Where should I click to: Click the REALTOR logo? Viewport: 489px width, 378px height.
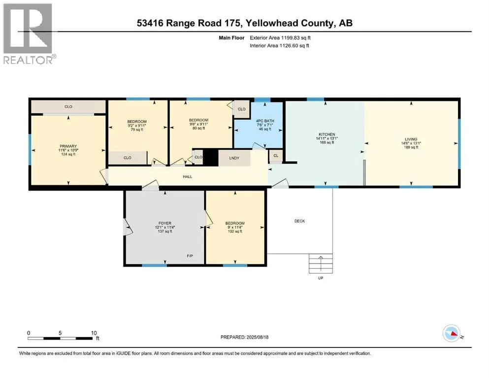(30, 33)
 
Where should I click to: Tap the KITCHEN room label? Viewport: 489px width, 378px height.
(327, 134)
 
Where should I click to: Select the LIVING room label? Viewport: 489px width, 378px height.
(411, 139)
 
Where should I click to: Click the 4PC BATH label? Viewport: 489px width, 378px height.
(265, 121)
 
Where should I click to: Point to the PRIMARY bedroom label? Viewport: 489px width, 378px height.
(68, 146)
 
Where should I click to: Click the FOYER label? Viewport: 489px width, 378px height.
(165, 223)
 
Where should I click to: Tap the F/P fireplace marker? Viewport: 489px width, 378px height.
(190, 256)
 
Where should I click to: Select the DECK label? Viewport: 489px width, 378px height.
(300, 221)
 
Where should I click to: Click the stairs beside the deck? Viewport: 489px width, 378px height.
(321, 264)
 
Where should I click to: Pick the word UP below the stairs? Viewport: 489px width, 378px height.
(321, 278)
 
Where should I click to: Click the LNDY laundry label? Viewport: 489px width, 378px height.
(234, 158)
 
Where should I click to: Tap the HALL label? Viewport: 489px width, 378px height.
(188, 177)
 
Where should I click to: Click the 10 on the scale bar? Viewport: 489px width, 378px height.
(94, 333)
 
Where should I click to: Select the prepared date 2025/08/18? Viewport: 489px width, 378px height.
(257, 337)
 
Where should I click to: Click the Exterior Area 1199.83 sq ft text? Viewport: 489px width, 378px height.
(280, 38)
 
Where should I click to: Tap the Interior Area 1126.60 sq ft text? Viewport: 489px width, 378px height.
(279, 45)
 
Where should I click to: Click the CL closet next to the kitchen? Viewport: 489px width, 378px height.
(276, 156)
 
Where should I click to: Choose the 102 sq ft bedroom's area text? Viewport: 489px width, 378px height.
(235, 231)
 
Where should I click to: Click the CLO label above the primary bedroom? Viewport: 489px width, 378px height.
(68, 107)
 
